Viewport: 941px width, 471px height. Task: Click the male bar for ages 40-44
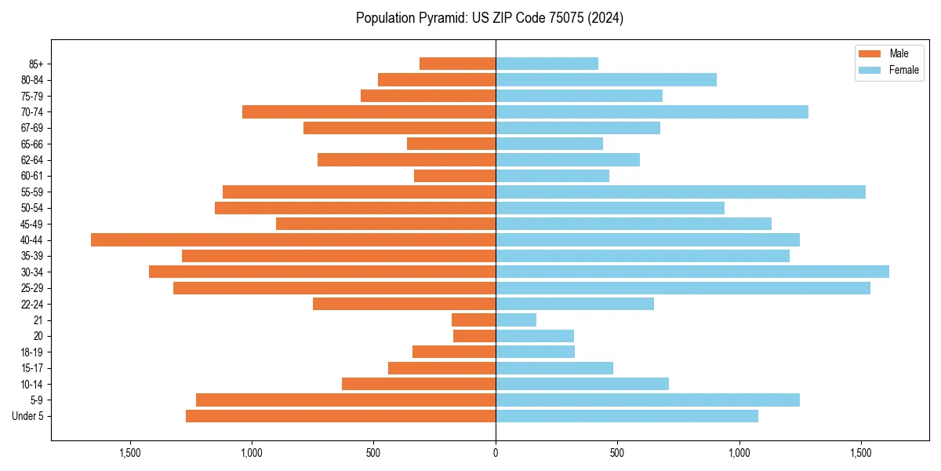click(293, 239)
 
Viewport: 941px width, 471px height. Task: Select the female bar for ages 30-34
click(692, 272)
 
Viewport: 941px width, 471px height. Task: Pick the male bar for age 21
click(474, 319)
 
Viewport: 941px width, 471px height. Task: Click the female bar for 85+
click(547, 64)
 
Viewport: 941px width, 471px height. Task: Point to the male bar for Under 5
click(340, 416)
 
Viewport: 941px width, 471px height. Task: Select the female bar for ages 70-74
click(652, 111)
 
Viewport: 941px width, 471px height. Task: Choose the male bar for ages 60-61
click(455, 176)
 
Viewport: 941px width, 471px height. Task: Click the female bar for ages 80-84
click(606, 79)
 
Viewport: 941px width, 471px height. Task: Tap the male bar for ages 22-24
click(404, 304)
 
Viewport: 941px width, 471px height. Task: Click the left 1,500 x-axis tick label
click(130, 453)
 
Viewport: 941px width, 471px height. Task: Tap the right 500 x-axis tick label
click(617, 453)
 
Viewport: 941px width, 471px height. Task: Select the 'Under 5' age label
click(28, 416)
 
